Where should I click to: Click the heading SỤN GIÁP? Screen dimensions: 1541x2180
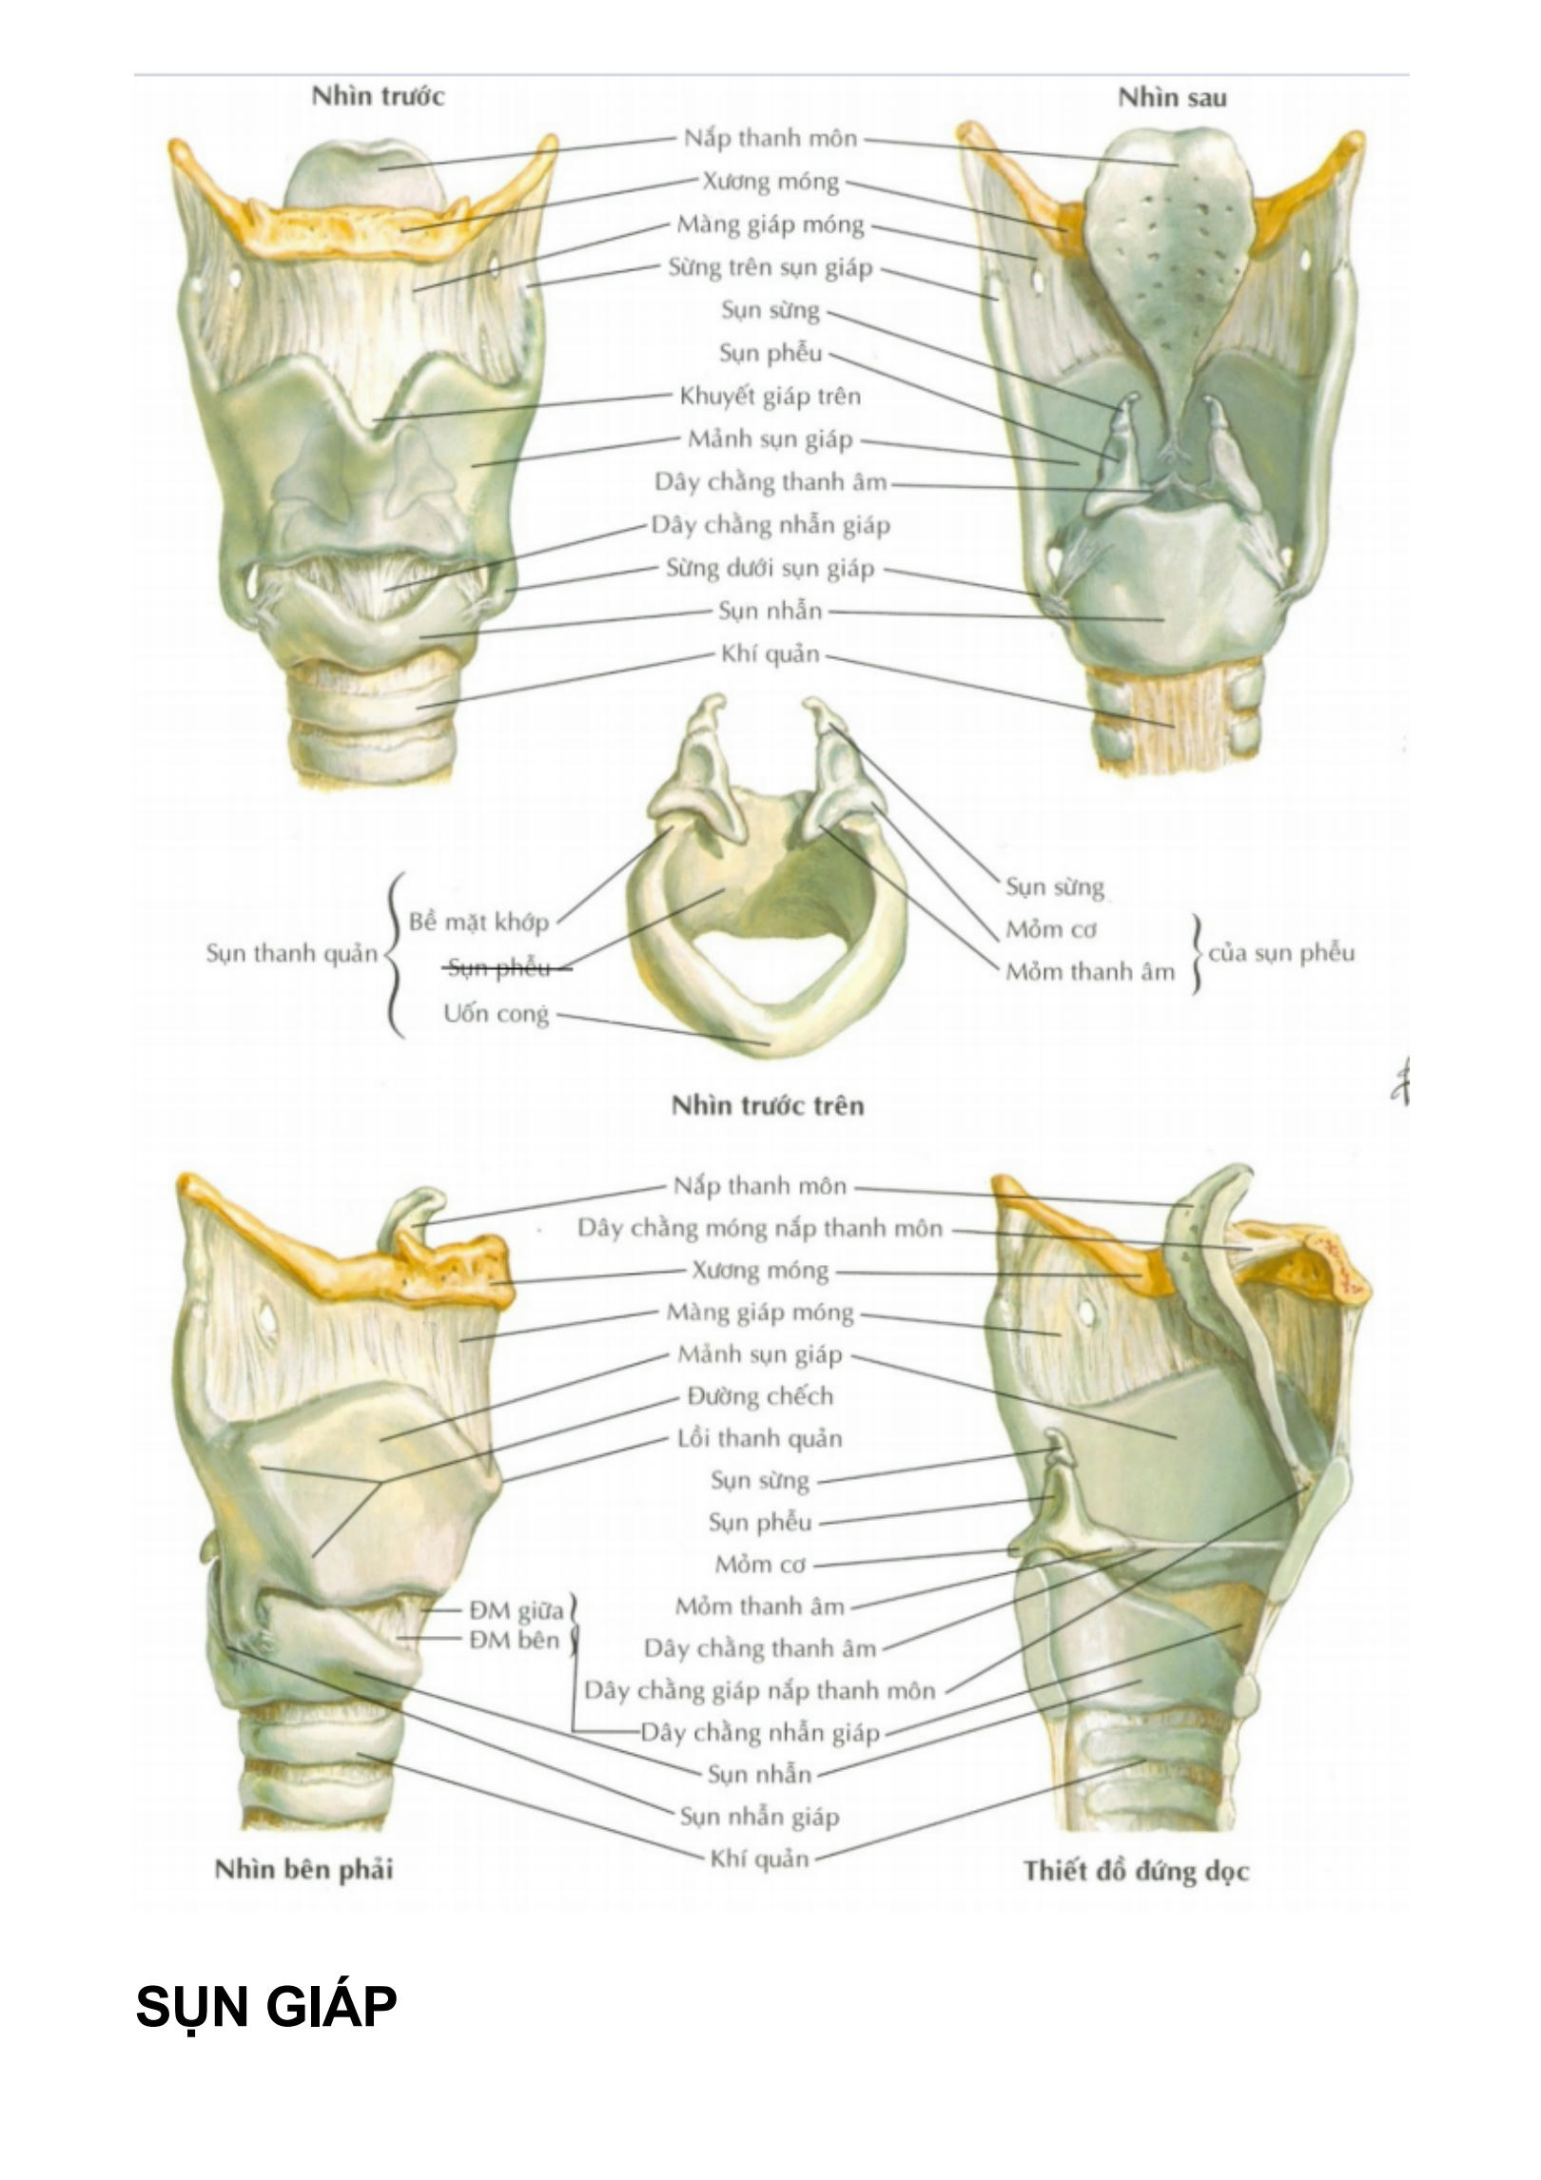click(265, 2007)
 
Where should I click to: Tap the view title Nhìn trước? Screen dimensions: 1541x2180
click(378, 96)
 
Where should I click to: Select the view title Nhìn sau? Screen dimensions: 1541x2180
click(1171, 98)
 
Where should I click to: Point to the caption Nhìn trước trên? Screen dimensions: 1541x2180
click(767, 1105)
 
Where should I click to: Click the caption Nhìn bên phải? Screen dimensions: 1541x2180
click(303, 1869)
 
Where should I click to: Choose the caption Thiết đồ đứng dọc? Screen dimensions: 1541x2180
click(1135, 1871)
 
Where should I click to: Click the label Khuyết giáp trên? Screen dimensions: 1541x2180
click(770, 397)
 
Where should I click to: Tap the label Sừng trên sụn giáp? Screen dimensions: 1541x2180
click(770, 268)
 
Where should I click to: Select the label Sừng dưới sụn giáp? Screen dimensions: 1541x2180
click(770, 569)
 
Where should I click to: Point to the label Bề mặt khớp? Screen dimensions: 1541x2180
click(478, 922)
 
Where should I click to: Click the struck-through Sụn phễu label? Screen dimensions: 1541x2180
click(498, 968)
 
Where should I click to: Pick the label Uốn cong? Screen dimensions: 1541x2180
click(496, 1014)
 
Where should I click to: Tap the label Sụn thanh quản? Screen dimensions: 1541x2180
click(292, 953)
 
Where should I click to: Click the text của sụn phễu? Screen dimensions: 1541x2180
click(1280, 952)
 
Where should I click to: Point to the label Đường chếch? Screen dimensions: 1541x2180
click(759, 1396)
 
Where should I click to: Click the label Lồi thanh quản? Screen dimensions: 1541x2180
click(759, 1438)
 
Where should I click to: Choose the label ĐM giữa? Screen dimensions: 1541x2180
click(516, 1610)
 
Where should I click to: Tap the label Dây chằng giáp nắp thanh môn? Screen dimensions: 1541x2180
click(759, 1690)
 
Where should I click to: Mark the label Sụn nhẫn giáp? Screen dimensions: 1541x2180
click(759, 1817)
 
